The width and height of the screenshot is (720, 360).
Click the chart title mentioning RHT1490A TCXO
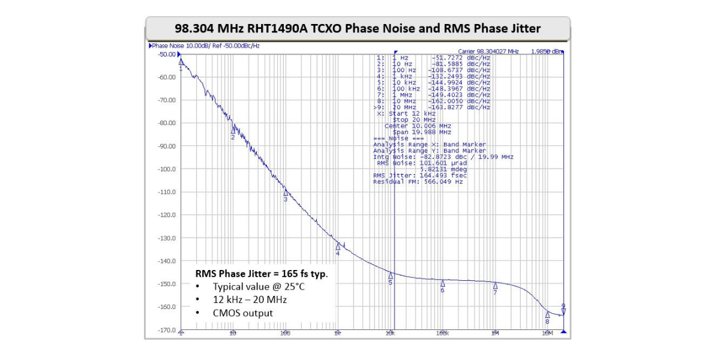click(x=358, y=28)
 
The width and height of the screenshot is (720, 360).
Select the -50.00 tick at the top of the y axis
click(x=166, y=55)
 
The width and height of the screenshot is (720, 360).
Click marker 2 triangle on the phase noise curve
click(x=233, y=129)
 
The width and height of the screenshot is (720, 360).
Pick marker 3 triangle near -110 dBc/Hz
click(x=286, y=192)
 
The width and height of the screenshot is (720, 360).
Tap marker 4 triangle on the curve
click(x=338, y=246)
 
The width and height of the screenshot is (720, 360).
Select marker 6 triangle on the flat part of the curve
click(x=443, y=283)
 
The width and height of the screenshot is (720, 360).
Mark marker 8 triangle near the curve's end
click(x=547, y=314)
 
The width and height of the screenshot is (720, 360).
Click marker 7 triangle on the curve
click(x=495, y=286)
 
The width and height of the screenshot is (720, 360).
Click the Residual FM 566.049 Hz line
click(x=418, y=181)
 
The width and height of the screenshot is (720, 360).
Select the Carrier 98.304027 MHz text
click(x=488, y=52)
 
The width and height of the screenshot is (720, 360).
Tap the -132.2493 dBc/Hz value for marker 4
click(x=459, y=76)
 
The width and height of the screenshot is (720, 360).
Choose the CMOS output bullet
click(x=242, y=313)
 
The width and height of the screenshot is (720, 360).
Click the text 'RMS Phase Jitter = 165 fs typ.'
click(x=262, y=273)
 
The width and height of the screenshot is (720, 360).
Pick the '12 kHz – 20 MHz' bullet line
click(x=250, y=299)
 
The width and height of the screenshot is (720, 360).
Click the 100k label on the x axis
click(x=442, y=333)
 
